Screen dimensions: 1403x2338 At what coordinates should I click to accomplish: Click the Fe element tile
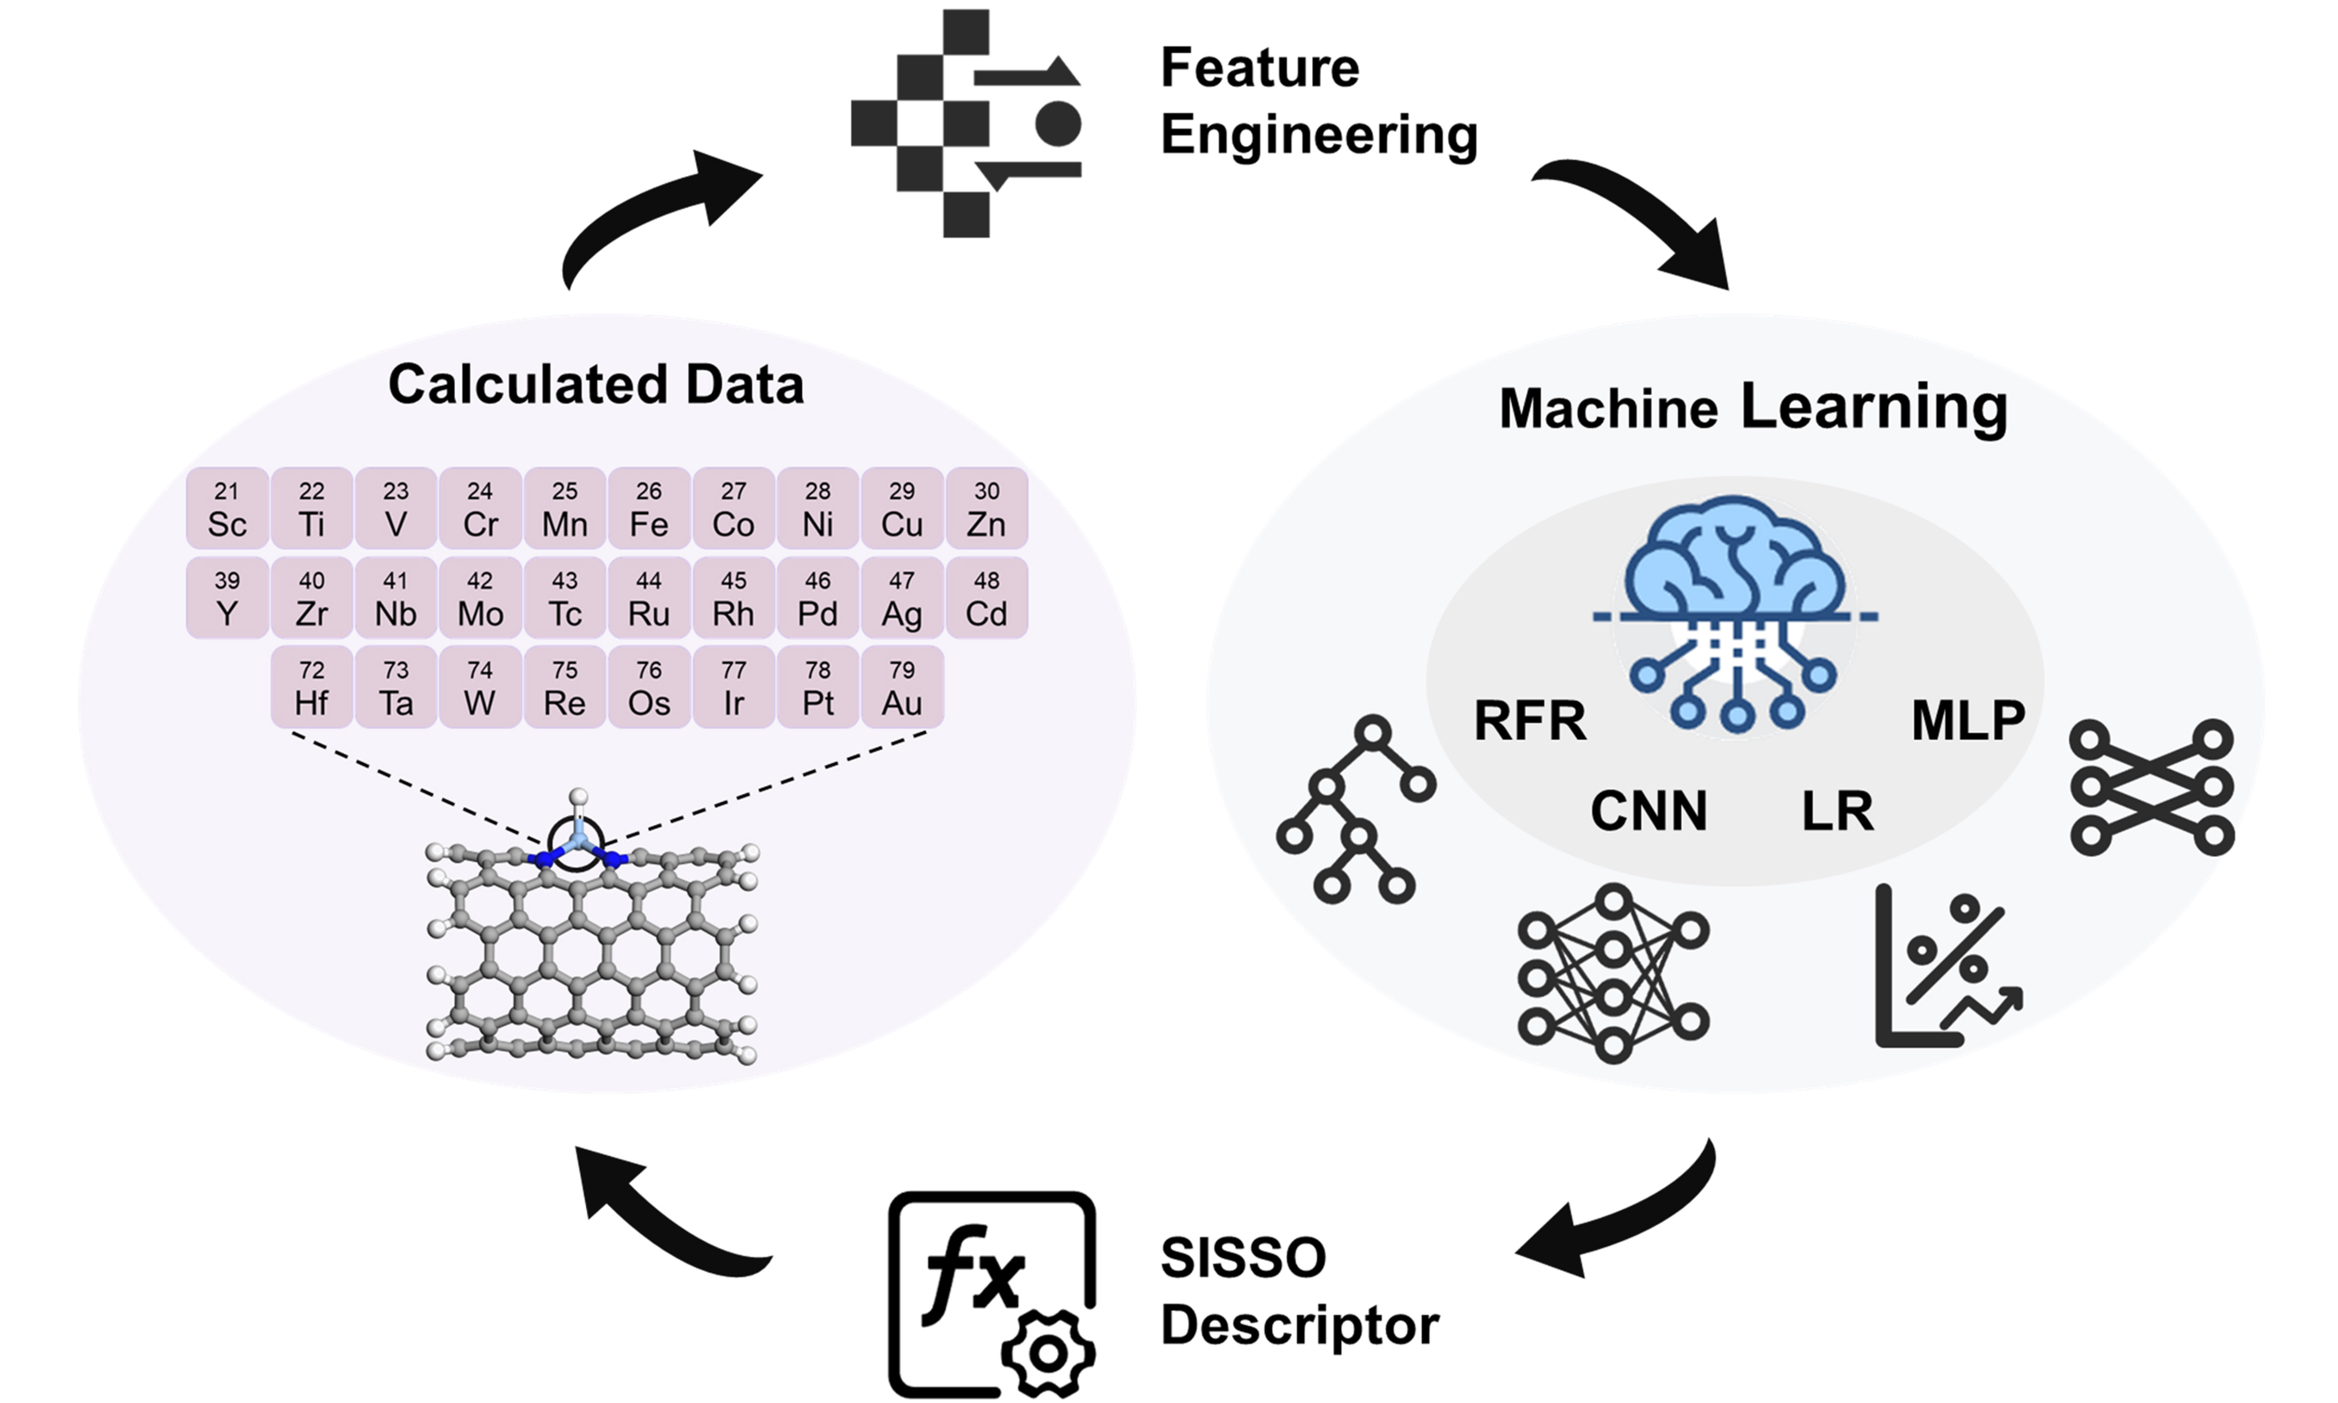tap(649, 509)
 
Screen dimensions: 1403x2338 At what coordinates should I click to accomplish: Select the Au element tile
tap(902, 687)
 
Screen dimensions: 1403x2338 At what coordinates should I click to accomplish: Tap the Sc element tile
tap(227, 509)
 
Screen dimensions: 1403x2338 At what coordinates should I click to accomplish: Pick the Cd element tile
tap(986, 597)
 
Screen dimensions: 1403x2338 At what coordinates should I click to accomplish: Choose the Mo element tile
tap(481, 597)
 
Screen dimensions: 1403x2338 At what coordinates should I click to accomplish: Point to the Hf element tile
tap(312, 687)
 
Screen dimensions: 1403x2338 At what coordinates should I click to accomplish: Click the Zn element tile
tap(986, 509)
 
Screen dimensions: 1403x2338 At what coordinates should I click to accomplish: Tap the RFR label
tap(1530, 721)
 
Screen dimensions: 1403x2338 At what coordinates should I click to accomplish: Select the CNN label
tap(1648, 811)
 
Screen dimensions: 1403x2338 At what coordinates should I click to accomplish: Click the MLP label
tap(1968, 721)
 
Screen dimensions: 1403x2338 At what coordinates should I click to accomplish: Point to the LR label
tap(1837, 811)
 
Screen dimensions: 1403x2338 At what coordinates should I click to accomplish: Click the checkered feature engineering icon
tap(964, 123)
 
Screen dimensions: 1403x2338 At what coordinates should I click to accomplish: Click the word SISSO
tap(1243, 1259)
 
